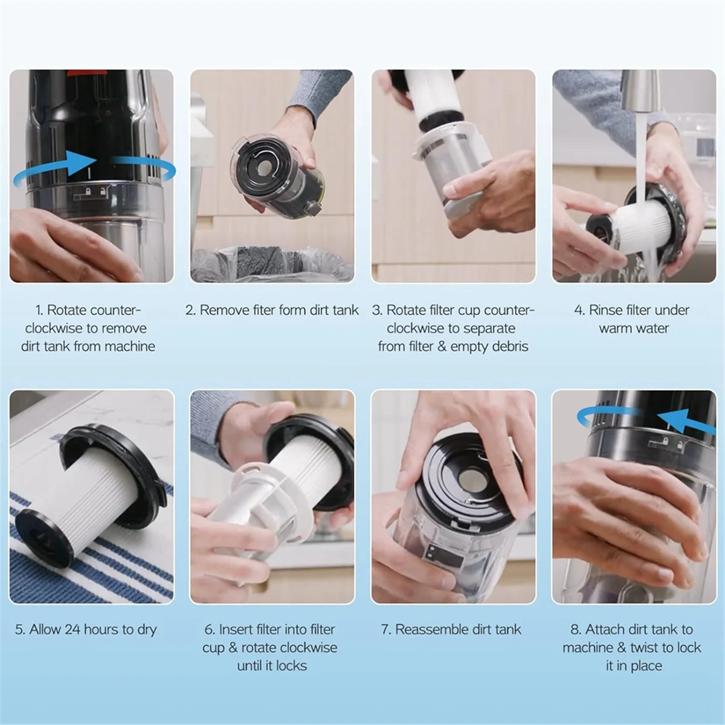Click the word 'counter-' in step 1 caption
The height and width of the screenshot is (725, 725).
115,311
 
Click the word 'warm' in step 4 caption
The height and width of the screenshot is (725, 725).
615,329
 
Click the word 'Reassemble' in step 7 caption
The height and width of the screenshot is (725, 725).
432,630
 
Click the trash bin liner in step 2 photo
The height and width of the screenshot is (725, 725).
272,266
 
